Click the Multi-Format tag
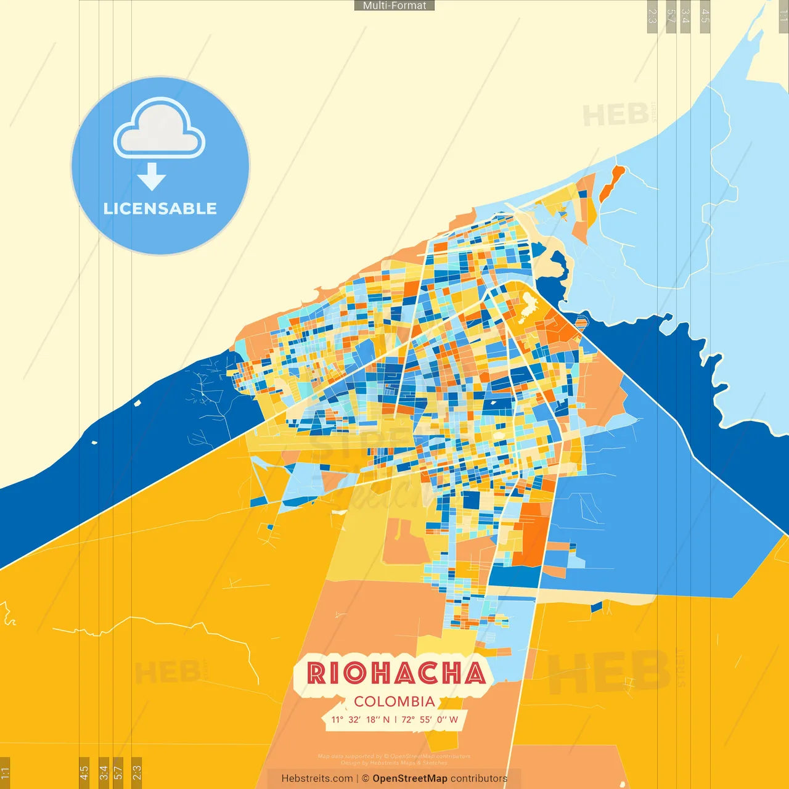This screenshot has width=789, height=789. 394,6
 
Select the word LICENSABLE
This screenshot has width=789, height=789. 160,208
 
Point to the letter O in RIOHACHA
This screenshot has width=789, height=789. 356,673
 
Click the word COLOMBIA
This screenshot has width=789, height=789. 394,701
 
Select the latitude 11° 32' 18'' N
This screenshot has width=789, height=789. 361,719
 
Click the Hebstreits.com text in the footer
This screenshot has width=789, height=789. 317,779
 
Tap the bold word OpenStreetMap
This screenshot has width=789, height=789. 410,779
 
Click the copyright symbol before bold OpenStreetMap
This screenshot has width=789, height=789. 366,779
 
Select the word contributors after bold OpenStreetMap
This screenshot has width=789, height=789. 479,779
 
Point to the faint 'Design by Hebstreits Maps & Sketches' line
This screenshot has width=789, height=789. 394,762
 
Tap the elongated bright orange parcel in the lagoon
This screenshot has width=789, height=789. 611,183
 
